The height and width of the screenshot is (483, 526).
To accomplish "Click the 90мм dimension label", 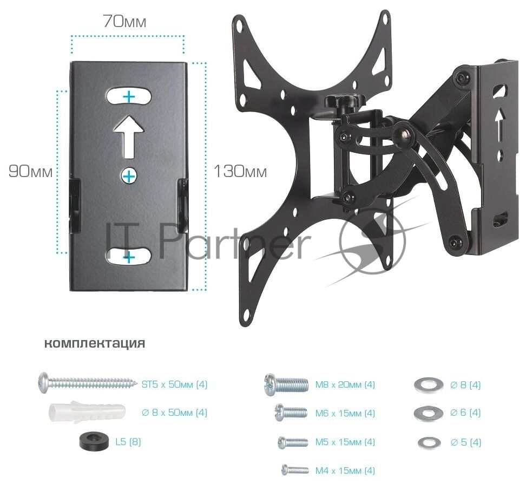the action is (x=30, y=171).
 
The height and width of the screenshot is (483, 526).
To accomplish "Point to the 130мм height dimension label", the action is (x=240, y=171).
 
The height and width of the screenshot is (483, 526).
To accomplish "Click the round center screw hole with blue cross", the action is (x=129, y=175).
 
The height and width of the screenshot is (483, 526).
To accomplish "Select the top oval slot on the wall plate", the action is (x=129, y=97).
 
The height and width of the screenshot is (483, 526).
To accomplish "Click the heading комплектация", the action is (x=95, y=343).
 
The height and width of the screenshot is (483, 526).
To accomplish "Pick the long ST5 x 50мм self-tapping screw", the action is (x=88, y=383).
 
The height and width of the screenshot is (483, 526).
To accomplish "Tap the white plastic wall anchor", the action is (x=87, y=412).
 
